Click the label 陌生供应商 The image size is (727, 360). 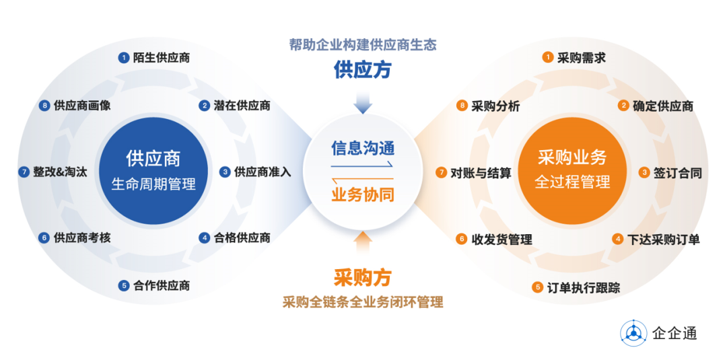[162, 58]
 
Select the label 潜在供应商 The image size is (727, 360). [242, 106]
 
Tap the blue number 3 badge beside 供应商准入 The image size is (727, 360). [225, 172]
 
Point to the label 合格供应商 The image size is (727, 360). [242, 238]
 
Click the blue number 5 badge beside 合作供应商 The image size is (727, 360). [123, 285]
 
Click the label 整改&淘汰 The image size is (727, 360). [60, 172]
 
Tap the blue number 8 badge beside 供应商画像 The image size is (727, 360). [44, 106]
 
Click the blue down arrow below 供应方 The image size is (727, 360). [363, 102]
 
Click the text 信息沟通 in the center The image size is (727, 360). [363, 147]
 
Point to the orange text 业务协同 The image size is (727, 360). [363, 194]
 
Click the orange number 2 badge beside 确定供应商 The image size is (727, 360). [623, 106]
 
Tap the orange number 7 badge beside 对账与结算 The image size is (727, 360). [442, 173]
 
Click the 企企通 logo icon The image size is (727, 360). [633, 332]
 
